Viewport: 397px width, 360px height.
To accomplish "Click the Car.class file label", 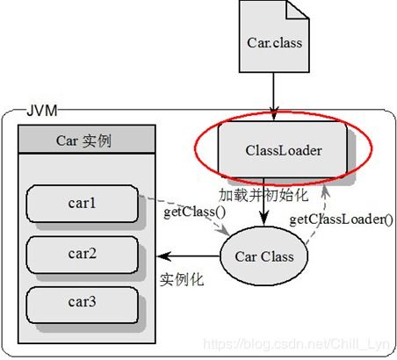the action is [x=274, y=43].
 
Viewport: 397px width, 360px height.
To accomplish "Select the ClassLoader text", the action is [x=284, y=150].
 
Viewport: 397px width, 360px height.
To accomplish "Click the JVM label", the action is [x=42, y=111].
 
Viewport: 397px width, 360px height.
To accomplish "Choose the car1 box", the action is [x=83, y=204].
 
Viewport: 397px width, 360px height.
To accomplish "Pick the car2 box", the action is [x=83, y=255].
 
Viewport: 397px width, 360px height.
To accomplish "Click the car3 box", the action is [x=83, y=305].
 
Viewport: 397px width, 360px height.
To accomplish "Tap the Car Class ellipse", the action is [x=263, y=256].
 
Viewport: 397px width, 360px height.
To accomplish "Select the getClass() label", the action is [x=194, y=212].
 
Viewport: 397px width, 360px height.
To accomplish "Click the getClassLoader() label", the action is [x=341, y=220].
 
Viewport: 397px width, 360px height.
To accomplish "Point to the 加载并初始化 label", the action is [x=263, y=195].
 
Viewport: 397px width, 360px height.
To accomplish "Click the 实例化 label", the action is [x=182, y=279].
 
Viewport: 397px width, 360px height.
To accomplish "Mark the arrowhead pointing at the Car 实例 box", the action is [x=163, y=256].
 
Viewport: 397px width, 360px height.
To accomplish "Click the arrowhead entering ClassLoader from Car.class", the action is [x=274, y=114].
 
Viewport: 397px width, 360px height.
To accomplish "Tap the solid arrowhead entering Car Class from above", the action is [x=263, y=219].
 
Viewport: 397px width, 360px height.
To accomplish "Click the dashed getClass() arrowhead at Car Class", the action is [x=224, y=230].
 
